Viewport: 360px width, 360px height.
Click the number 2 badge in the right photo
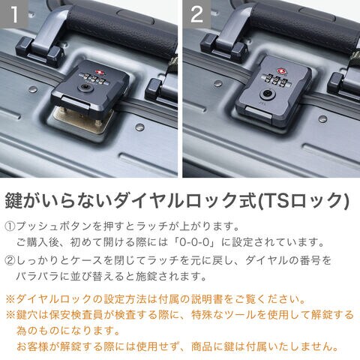(196, 13)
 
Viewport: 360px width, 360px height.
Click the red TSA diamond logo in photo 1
(97, 73)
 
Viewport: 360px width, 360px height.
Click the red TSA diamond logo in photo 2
(282, 71)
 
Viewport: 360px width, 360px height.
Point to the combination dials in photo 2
(275, 80)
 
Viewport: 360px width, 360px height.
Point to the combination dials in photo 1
(91, 77)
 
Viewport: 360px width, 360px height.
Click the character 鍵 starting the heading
(14, 200)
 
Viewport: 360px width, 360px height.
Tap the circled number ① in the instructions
(10, 226)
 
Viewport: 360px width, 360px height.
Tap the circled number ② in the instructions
(10, 260)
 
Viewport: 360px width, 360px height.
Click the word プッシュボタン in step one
(54, 226)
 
